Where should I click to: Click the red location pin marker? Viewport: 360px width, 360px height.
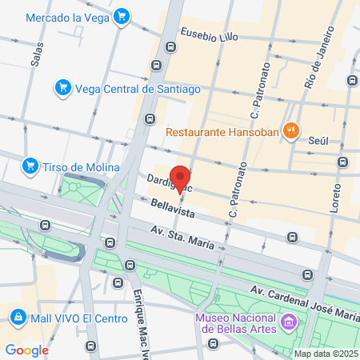click(181, 179)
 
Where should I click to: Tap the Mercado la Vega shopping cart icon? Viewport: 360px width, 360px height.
click(121, 17)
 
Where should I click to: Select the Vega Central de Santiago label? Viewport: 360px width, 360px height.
click(127, 88)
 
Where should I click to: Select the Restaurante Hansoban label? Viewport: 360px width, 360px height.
click(225, 130)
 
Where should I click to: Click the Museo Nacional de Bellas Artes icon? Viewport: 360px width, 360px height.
click(289, 323)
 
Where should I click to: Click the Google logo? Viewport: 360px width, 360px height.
click(27, 349)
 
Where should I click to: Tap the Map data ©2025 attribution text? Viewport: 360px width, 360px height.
click(325, 354)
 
